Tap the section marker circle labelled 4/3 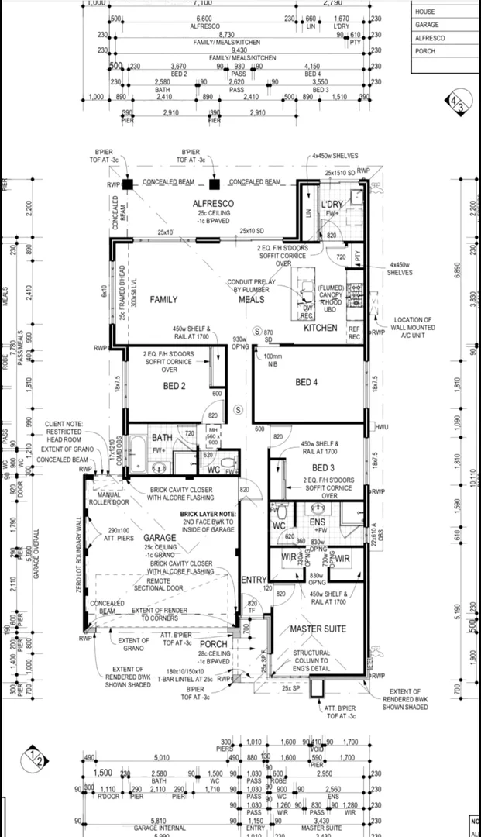[456, 103]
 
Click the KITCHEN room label [320, 328]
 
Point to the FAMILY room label [163, 299]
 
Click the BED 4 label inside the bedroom [307, 382]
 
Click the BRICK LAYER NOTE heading [208, 514]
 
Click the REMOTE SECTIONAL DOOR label [174, 585]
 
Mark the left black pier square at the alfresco [127, 184]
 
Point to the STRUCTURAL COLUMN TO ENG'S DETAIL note [311, 660]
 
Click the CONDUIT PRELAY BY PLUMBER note [250, 285]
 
